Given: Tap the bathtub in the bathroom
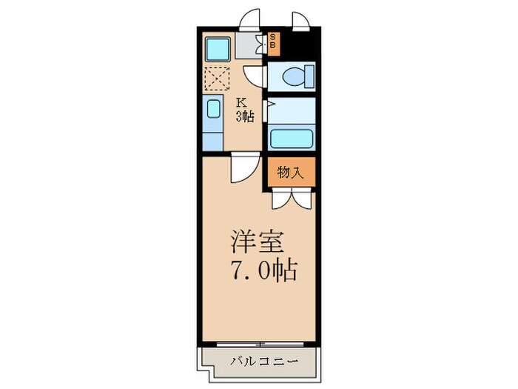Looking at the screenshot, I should (x=291, y=138).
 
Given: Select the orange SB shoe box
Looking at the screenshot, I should (x=272, y=43).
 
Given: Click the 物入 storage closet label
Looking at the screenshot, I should (x=291, y=173).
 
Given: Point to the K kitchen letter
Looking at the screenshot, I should (x=241, y=103).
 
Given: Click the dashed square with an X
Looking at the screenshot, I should (x=218, y=78).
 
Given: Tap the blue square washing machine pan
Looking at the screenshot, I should (x=219, y=49).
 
